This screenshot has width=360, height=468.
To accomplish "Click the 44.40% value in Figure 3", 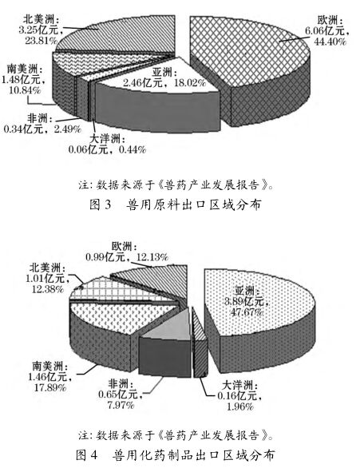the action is [330, 42].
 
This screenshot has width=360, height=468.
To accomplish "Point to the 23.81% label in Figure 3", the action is [41, 40].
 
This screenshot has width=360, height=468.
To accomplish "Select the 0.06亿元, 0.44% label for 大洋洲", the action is [108, 149].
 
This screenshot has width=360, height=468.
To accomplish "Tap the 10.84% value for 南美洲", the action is [25, 90].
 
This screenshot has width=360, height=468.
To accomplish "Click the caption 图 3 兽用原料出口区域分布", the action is [176, 204].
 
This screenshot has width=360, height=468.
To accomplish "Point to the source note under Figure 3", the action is [176, 185].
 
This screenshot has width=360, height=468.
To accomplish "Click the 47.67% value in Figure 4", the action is [247, 312].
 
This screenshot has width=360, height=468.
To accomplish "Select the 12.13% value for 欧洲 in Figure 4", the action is [152, 257].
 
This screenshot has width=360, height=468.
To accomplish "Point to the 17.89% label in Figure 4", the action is [49, 387].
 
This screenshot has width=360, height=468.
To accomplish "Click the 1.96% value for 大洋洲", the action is [240, 407].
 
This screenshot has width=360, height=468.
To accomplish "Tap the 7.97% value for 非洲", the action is [121, 406].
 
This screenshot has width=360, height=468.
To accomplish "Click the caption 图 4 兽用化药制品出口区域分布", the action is [176, 455].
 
